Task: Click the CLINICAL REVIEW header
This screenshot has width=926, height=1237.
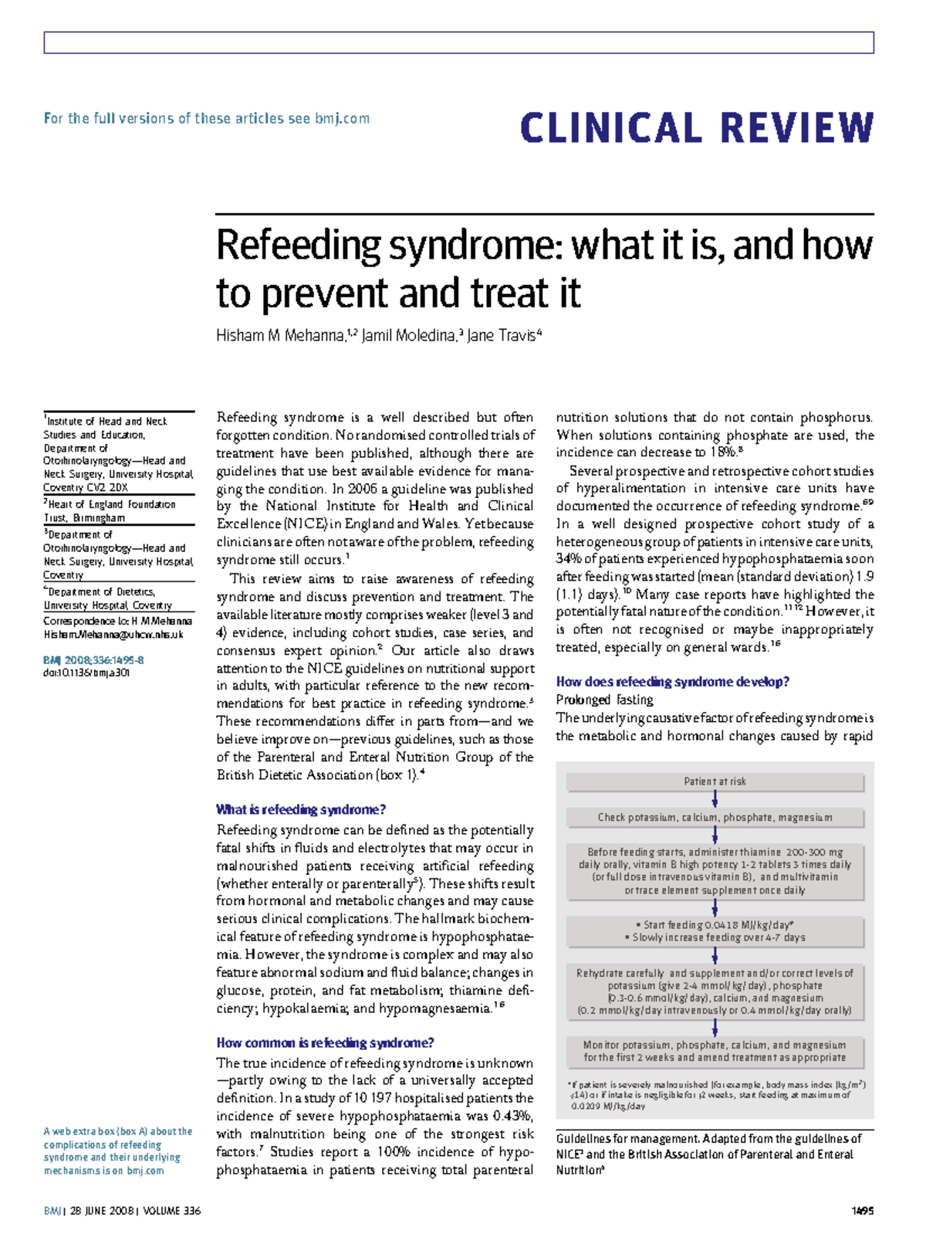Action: tap(697, 128)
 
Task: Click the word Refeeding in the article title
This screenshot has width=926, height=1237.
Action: tap(298, 246)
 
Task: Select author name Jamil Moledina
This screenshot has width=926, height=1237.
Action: tap(410, 336)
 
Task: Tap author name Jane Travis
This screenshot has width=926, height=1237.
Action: tap(502, 336)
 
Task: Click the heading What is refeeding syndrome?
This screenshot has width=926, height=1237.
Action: tap(301, 809)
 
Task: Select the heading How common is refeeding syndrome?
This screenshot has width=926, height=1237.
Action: tap(325, 1042)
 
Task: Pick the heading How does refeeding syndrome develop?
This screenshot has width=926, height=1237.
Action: tap(673, 682)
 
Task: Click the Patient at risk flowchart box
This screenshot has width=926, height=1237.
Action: tap(715, 781)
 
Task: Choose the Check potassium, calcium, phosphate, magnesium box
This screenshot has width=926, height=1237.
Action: tap(715, 817)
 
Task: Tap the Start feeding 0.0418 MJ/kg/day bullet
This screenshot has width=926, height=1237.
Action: tap(715, 924)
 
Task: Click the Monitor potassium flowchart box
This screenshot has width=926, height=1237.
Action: tap(715, 1051)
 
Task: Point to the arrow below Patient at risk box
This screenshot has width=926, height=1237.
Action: tap(715, 799)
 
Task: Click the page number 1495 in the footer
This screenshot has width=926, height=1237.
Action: tap(862, 1211)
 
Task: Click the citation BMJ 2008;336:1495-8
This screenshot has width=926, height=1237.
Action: tap(93, 660)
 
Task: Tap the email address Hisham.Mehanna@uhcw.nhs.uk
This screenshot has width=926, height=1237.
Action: tap(113, 635)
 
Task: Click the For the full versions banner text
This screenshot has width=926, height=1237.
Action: tap(207, 118)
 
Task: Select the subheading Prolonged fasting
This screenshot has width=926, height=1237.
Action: tap(604, 700)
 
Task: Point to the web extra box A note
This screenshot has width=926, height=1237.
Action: tap(117, 1151)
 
